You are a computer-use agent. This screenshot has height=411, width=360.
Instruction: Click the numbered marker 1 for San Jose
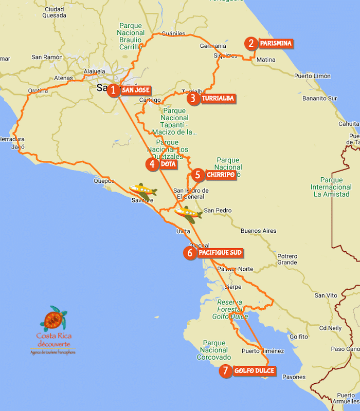(113, 90)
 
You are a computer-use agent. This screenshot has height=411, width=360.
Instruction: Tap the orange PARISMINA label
(276, 44)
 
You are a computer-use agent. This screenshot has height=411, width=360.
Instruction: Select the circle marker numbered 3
(193, 98)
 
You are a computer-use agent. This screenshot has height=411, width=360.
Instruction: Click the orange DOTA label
(169, 164)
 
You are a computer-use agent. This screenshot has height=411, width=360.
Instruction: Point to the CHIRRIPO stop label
(221, 175)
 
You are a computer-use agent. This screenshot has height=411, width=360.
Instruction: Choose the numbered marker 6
(190, 253)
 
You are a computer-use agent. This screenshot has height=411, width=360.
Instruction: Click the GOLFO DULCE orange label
(255, 371)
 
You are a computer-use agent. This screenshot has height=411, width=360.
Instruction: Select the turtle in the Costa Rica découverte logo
(54, 319)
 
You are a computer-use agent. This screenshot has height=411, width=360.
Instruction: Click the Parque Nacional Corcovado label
(214, 350)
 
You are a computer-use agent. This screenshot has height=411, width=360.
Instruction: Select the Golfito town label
(299, 337)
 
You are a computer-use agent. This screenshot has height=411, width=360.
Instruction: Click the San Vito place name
(326, 295)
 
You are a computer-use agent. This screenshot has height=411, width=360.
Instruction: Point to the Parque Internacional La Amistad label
(331, 187)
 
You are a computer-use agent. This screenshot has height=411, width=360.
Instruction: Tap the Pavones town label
(294, 377)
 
